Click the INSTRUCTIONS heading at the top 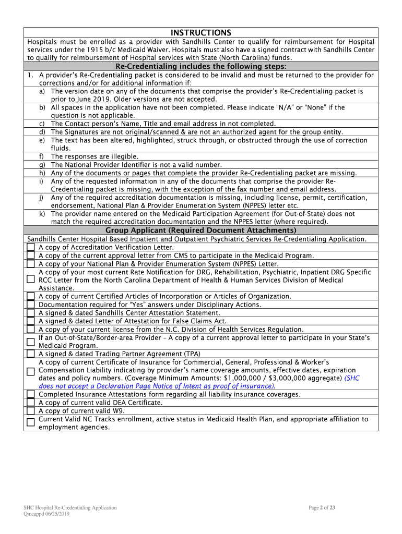pos(201,32)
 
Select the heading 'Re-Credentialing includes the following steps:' pos(201,66)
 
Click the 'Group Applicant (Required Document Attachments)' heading pos(201,230)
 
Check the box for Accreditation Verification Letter pos(31,247)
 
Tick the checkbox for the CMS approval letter pos(31,256)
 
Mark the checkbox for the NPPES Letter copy pos(31,264)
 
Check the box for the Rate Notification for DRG pos(31,280)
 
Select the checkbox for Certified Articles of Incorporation pos(31,296)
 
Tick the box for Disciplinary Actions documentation pos(31,305)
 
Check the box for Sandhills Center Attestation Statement pos(31,313)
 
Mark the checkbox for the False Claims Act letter pos(31,321)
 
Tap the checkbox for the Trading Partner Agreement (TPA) pos(31,354)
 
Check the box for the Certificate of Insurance pos(31,370)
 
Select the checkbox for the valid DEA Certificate pos(31,403)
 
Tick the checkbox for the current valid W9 pos(31,410)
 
